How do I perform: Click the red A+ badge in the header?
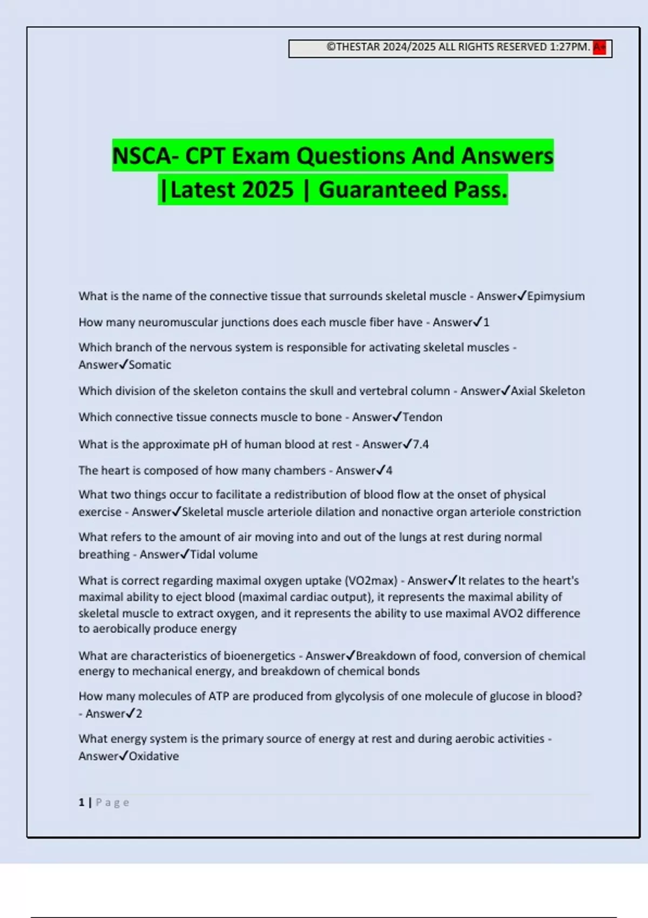coord(599,48)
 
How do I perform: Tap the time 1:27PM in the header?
coord(569,47)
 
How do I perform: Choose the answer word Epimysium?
coord(556,296)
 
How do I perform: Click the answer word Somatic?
coord(150,365)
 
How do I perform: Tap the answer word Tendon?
coord(422,417)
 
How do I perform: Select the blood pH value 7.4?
coord(421,444)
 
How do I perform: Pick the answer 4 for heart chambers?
coord(389,470)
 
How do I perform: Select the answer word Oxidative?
coord(153,756)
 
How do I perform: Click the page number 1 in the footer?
coord(82,802)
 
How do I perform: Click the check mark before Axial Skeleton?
coord(505,390)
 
